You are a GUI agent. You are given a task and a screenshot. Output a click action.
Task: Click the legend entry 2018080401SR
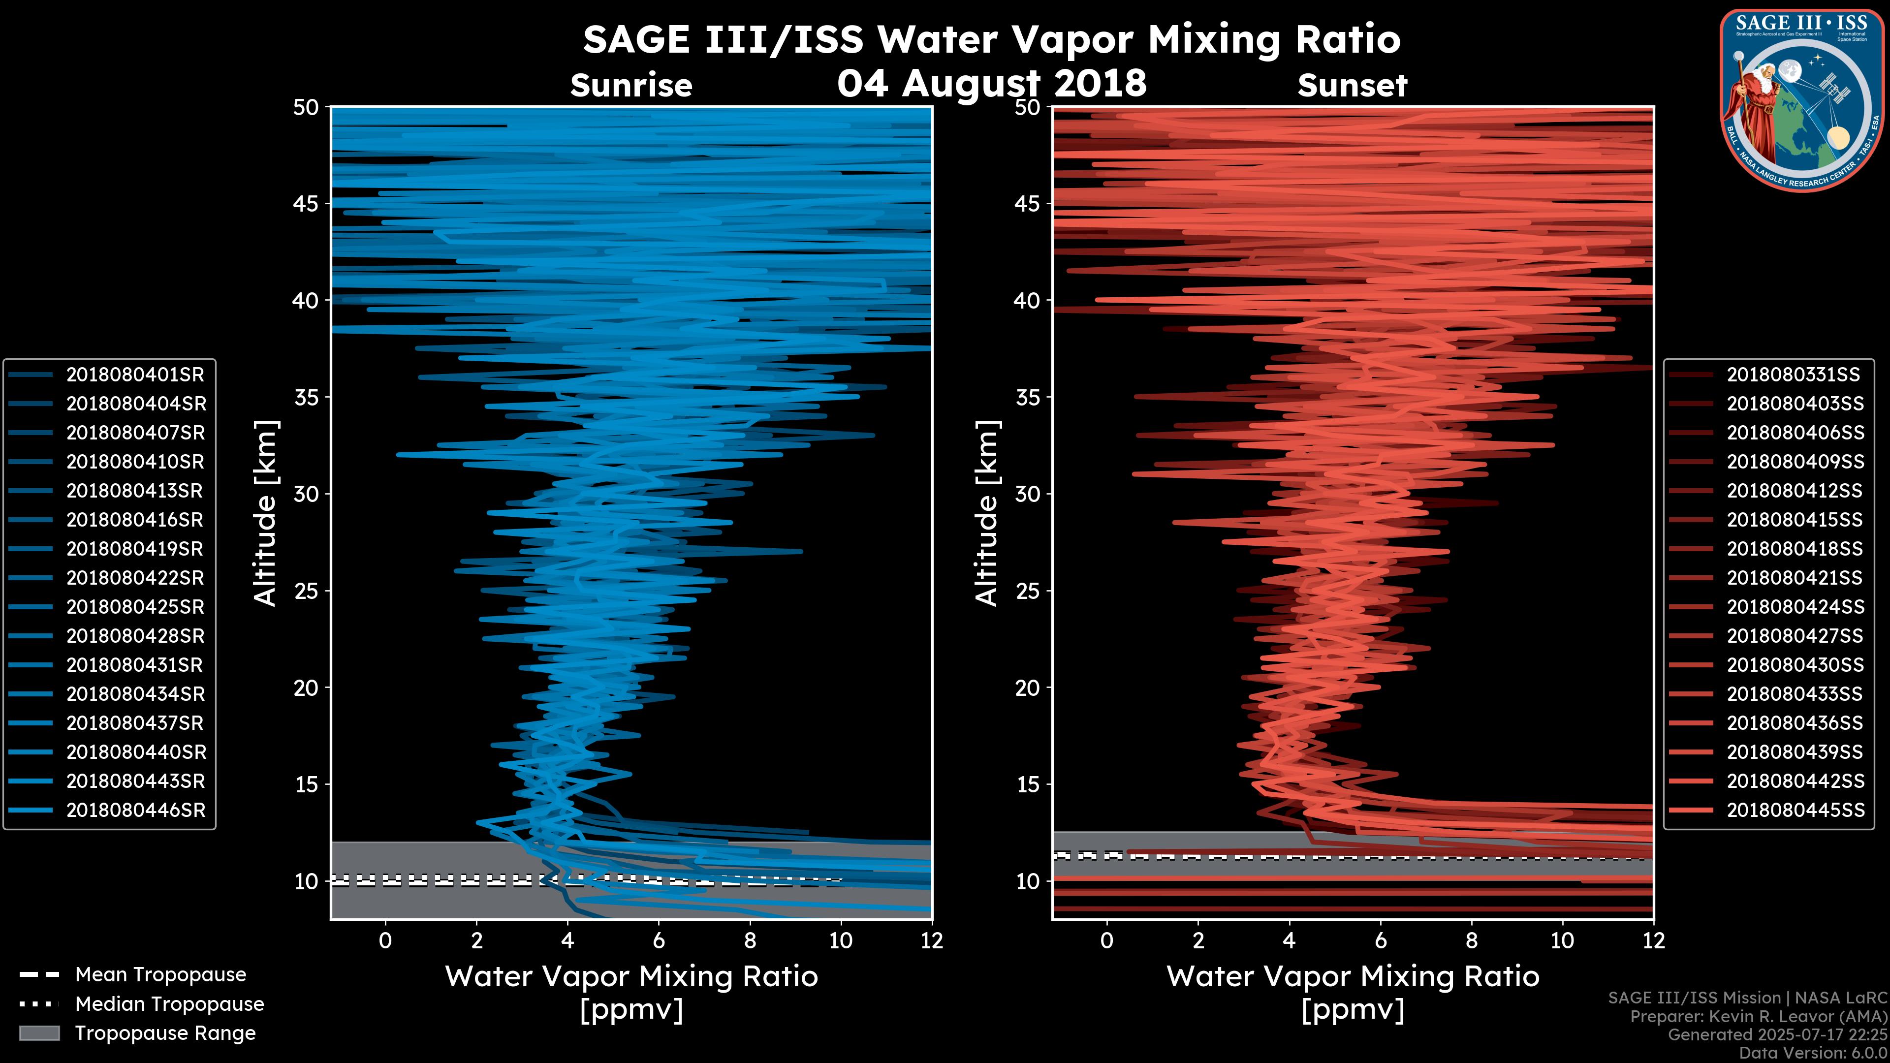coord(135,375)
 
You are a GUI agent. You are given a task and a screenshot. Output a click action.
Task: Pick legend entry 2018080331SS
coord(1793,375)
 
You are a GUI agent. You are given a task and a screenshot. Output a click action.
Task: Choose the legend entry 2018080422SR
coord(135,578)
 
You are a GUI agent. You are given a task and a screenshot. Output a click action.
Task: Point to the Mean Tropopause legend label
coord(160,975)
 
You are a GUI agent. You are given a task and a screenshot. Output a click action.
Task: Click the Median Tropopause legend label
coord(169,1004)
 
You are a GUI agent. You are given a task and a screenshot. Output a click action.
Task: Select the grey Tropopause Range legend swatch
coord(39,1033)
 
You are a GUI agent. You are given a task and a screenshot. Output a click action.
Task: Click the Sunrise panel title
coord(631,86)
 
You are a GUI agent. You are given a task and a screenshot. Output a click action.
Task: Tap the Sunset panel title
coord(1352,86)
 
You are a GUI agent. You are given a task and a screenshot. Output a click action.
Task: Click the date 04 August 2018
coord(991,83)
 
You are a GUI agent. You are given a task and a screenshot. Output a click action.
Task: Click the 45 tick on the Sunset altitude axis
coord(1028,204)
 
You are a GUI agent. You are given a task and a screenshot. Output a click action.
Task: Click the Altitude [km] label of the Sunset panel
coord(987,513)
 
